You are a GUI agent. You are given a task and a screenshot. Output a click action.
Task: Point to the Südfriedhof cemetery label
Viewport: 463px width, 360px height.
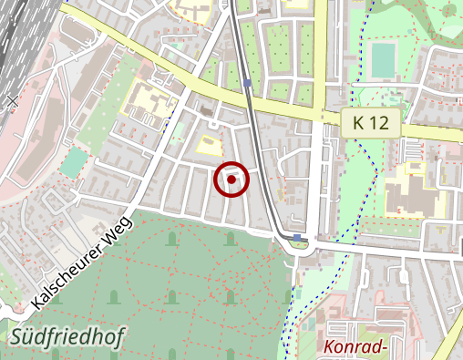pos(68,338)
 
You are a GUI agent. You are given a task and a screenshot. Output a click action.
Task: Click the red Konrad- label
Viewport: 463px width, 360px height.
pos(356,346)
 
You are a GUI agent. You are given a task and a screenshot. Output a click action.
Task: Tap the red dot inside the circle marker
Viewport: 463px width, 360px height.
pos(231,180)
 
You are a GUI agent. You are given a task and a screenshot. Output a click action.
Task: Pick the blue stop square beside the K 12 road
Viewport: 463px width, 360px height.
pos(248,85)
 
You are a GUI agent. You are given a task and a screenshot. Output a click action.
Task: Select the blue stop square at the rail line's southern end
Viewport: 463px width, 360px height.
pos(297,239)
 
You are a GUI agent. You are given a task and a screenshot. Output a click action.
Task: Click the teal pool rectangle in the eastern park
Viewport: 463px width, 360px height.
pos(383,60)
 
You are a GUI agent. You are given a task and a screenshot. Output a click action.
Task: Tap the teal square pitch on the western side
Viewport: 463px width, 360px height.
pos(74,163)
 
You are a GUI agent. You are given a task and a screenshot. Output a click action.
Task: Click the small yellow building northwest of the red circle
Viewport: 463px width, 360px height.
pos(210,144)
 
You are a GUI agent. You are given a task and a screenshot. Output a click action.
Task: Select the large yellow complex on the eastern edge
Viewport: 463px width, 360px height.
pos(410,191)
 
